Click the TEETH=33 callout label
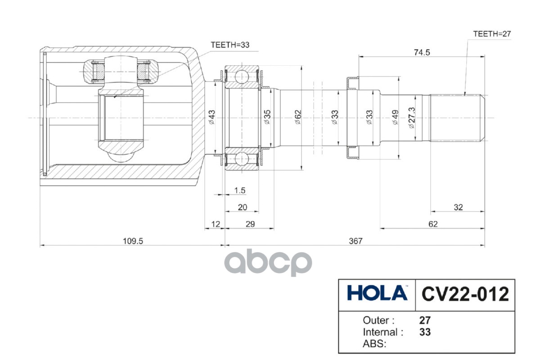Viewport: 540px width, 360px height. pos(230,45)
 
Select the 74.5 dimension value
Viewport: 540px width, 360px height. pos(422,52)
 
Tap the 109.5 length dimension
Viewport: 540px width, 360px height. pos(133,241)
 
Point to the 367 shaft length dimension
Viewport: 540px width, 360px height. pos(355,241)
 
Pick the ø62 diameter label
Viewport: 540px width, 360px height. pos(297,118)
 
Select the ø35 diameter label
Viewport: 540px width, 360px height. pos(267,118)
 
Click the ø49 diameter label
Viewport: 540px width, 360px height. pos(396,118)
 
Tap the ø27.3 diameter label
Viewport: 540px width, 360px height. pos(411,118)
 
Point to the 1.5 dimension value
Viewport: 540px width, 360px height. pos(239,191)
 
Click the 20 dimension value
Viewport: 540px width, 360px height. pos(242,207)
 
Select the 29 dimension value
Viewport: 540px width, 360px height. pos(250,224)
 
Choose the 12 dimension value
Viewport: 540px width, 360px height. pos(215,224)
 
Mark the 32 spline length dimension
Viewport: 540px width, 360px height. pos(458,207)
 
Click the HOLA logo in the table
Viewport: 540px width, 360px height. pos(377,294)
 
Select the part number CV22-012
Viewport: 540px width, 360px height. pos(465,294)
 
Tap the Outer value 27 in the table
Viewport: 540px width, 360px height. pos(425,320)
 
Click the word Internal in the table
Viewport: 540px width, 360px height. pos(380,333)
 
